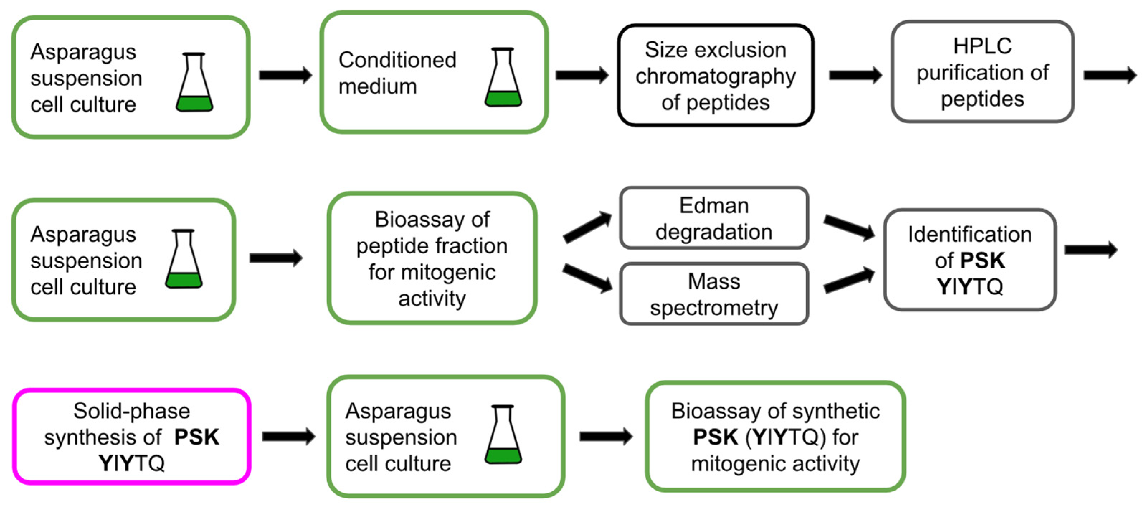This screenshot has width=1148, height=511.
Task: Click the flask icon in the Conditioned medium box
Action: point(503,78)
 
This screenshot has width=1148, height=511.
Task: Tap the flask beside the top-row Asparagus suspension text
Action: point(194,83)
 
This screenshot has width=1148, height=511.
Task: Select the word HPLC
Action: point(982,46)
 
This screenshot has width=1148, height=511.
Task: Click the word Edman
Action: point(713,206)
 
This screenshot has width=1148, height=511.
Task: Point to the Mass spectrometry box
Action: point(713,294)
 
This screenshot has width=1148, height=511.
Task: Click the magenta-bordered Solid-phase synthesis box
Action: point(132,436)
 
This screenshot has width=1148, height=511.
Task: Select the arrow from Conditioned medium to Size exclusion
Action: point(582,75)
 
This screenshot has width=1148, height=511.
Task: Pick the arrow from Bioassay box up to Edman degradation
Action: point(587,228)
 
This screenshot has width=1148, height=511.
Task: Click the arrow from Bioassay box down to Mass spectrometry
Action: point(587,278)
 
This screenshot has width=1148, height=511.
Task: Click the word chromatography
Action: point(715,76)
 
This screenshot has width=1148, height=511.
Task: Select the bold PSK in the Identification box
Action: point(982,261)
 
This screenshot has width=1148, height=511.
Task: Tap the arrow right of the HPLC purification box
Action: point(1110,75)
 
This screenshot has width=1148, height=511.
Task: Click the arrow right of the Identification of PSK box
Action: point(1091,250)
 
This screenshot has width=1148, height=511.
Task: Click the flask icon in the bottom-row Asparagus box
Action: point(503,435)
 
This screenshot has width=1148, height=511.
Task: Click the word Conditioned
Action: point(397,60)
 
